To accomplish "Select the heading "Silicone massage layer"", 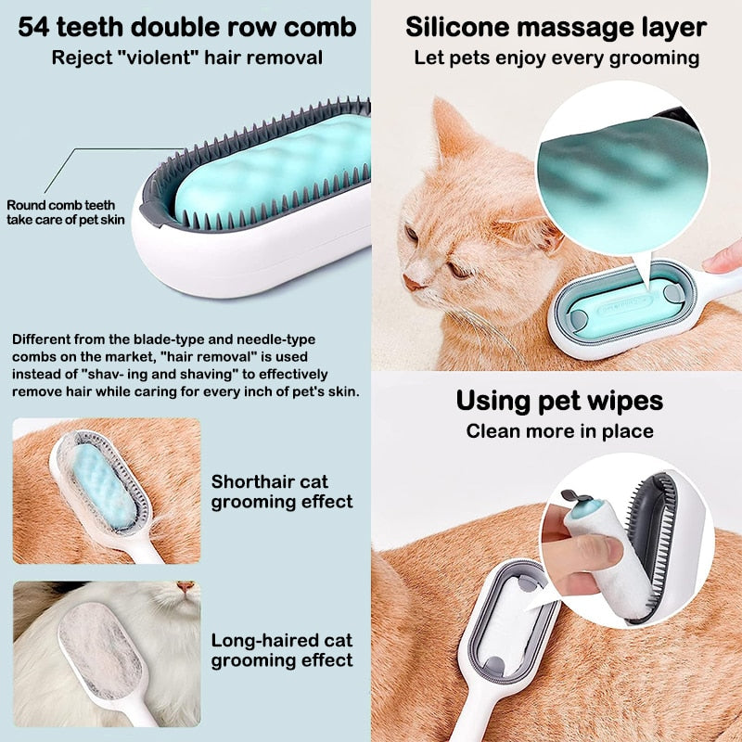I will click(x=556, y=27).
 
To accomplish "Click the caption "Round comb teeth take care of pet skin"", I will click(x=65, y=212).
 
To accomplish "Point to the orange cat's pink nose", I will click(x=410, y=281).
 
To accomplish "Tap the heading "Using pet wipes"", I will click(x=559, y=401).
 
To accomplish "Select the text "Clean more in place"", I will click(x=559, y=430).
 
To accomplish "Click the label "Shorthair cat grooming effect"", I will click(x=282, y=492).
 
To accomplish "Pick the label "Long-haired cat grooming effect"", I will click(x=282, y=650).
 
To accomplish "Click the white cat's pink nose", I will click(x=186, y=587).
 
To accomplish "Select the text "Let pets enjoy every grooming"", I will click(x=556, y=58).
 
